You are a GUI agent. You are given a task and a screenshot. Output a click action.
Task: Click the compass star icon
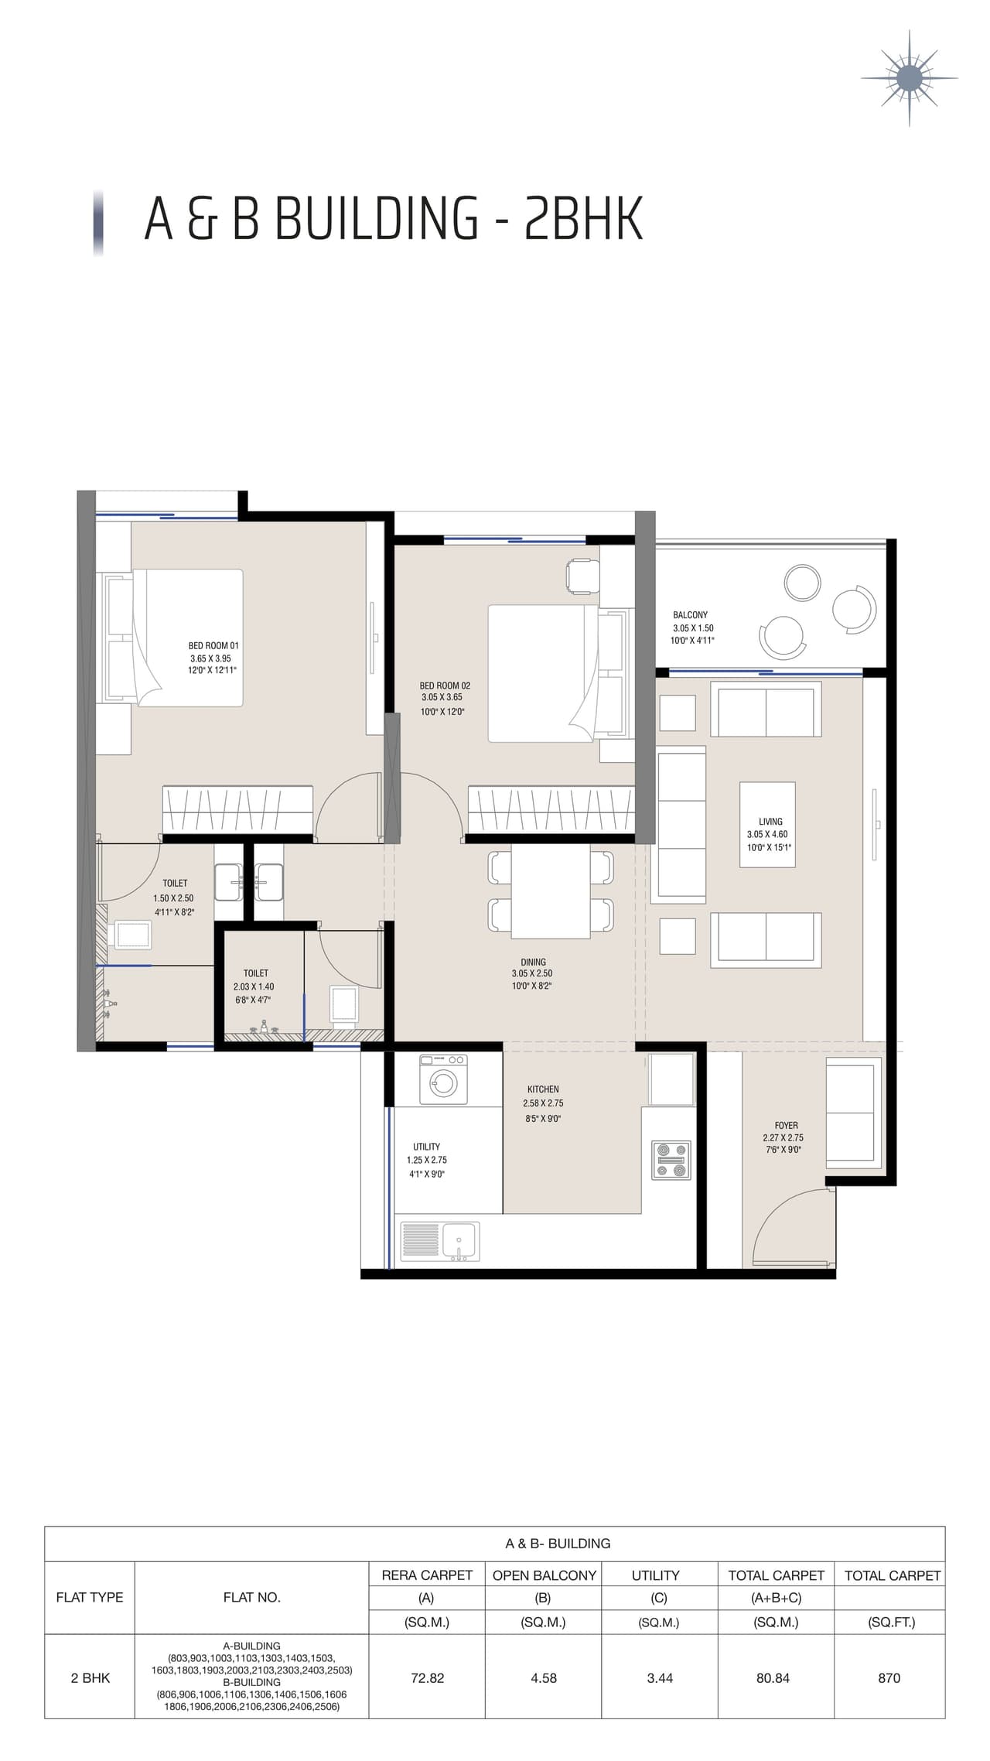pyautogui.click(x=909, y=78)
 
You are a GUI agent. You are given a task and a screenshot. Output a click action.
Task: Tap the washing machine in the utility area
pyautogui.click(x=443, y=1079)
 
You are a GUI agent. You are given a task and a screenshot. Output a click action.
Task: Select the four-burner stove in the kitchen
pyautogui.click(x=671, y=1160)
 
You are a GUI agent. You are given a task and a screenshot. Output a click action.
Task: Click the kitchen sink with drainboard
pyautogui.click(x=440, y=1241)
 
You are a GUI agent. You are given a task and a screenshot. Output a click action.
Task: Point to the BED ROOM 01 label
pyautogui.click(x=213, y=645)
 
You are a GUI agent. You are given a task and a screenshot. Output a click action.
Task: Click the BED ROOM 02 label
pyautogui.click(x=445, y=686)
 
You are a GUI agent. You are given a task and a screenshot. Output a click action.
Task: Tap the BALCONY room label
pyautogui.click(x=690, y=615)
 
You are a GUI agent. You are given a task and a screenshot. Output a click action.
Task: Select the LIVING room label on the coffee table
pyautogui.click(x=770, y=822)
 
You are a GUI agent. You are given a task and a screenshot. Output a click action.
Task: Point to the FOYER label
pyautogui.click(x=786, y=1126)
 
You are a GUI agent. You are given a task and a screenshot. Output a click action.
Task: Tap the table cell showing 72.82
pyautogui.click(x=427, y=1678)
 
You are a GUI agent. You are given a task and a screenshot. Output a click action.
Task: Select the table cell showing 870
pyautogui.click(x=889, y=1678)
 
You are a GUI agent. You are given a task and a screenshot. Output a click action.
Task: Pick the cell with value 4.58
pyautogui.click(x=544, y=1678)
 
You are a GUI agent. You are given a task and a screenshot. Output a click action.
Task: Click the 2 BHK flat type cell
pyautogui.click(x=90, y=1678)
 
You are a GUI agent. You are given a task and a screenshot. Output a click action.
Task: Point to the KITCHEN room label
pyautogui.click(x=543, y=1089)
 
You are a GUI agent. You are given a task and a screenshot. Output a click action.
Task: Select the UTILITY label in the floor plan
pyautogui.click(x=426, y=1147)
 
